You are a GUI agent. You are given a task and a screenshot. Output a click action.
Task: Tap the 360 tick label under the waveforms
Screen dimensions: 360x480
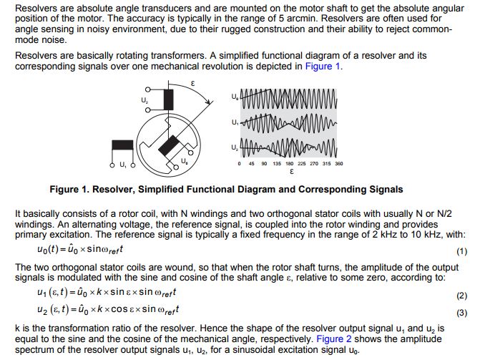pyautogui.click(x=338, y=164)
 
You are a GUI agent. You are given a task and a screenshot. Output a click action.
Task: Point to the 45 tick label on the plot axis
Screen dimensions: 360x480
pyautogui.click(x=252, y=164)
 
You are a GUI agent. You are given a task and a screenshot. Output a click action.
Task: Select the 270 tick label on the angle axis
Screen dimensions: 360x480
pyautogui.click(x=315, y=164)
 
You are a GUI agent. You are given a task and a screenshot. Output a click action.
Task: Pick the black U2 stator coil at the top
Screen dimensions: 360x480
pyautogui.click(x=169, y=100)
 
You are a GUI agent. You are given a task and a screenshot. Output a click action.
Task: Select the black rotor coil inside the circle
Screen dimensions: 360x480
pyautogui.click(x=170, y=147)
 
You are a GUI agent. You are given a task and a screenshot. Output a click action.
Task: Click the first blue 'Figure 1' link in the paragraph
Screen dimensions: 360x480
pyautogui.click(x=323, y=66)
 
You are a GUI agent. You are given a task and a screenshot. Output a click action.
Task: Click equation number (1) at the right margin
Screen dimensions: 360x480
pyautogui.click(x=461, y=252)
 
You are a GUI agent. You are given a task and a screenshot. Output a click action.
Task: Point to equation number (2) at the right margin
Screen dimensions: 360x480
pyautogui.click(x=461, y=295)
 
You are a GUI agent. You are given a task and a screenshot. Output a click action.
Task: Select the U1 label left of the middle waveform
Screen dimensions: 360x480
pyautogui.click(x=235, y=123)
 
